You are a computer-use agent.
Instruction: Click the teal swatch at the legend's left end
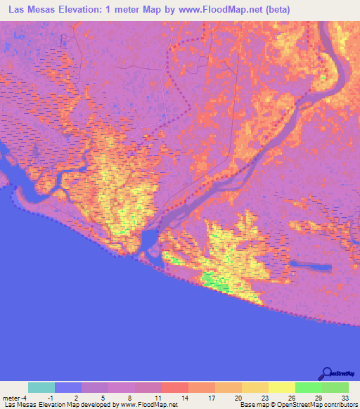tap(41, 387)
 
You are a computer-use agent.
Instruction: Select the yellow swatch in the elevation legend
tap(281, 387)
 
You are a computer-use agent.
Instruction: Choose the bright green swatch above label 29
tap(308, 387)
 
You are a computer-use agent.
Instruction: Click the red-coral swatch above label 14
tap(175, 387)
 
